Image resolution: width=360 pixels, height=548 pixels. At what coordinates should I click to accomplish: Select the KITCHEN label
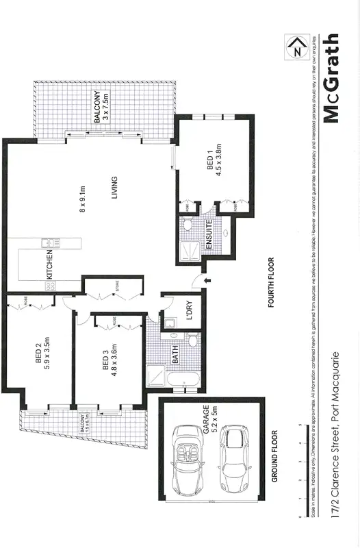(50, 264)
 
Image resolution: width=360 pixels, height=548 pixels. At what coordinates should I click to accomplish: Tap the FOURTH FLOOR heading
(271, 284)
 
